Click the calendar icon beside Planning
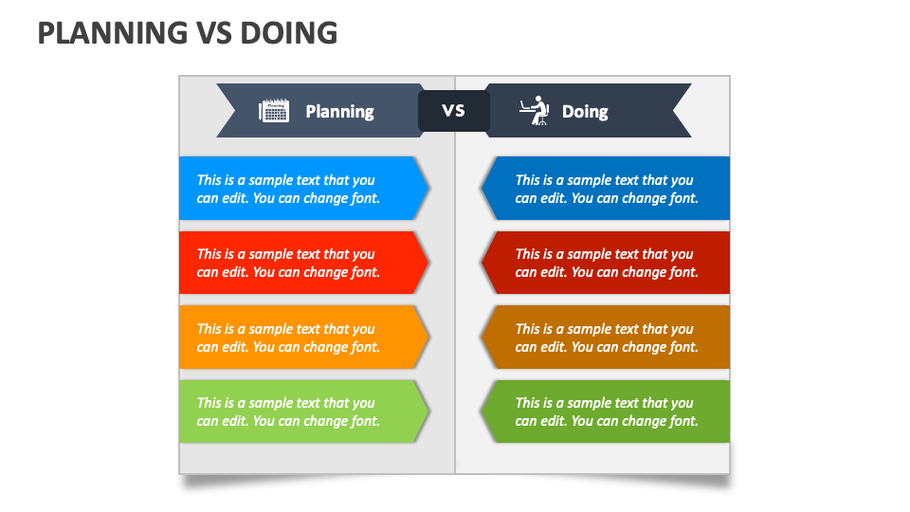(x=274, y=111)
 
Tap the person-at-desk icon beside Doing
(x=535, y=111)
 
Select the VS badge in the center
(x=454, y=111)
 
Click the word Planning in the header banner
(x=339, y=112)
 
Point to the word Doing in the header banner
(x=585, y=112)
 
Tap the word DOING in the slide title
(x=289, y=32)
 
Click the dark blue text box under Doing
(x=607, y=189)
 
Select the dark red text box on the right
(x=607, y=263)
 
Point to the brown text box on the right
(x=607, y=338)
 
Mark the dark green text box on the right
(x=607, y=411)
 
